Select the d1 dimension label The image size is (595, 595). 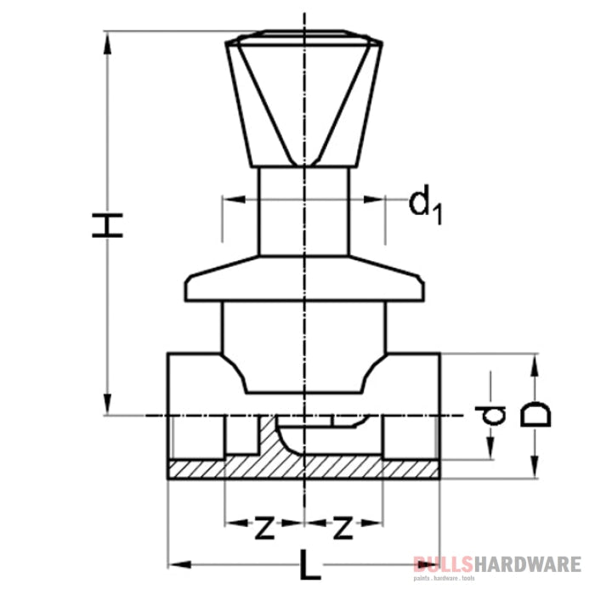tap(426, 205)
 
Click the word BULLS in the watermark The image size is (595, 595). tap(441, 564)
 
